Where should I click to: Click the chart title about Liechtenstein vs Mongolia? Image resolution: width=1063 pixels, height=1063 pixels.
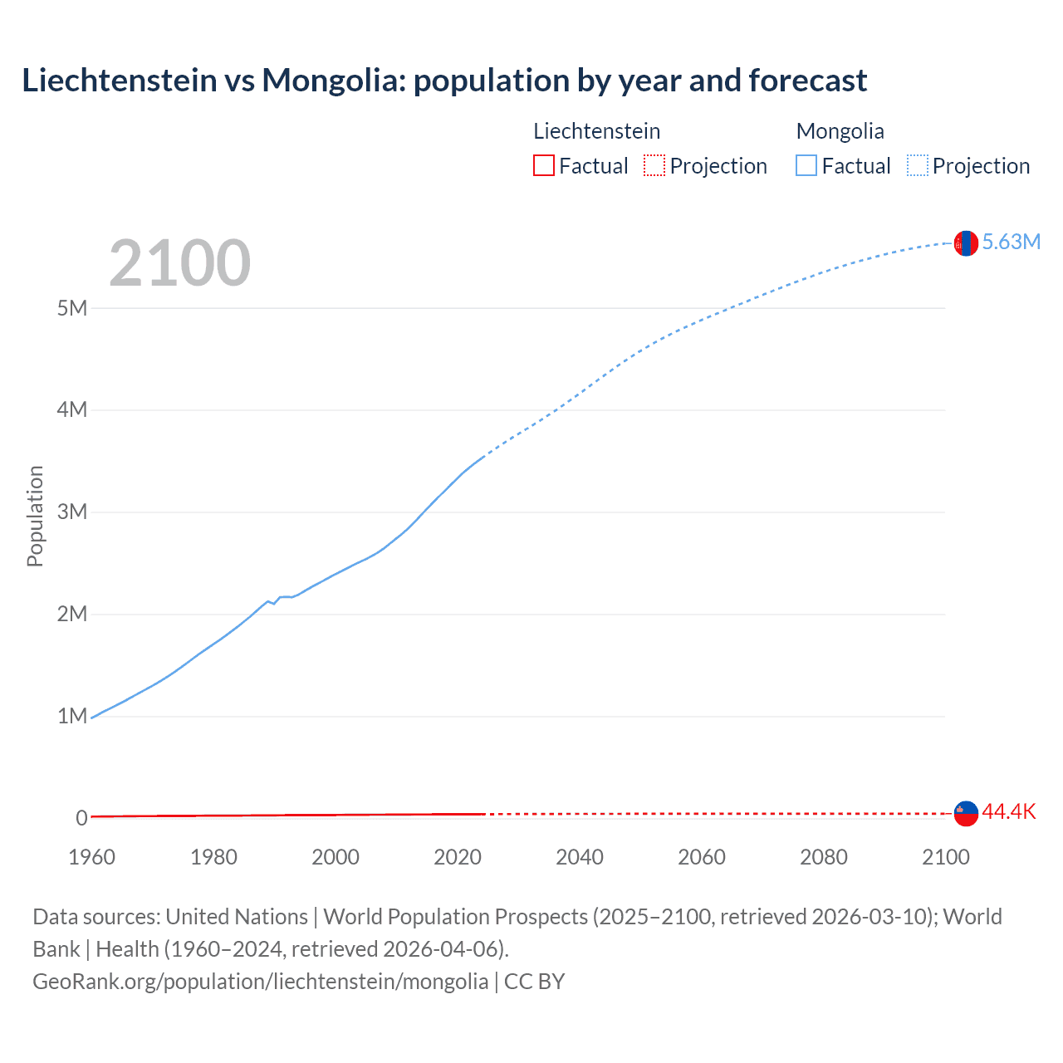pyautogui.click(x=444, y=81)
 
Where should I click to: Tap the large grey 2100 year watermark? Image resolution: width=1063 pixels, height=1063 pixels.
pyautogui.click(x=179, y=263)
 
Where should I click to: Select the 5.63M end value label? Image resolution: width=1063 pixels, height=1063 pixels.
pyautogui.click(x=1011, y=242)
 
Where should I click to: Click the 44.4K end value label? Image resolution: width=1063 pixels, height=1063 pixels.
pyautogui.click(x=1008, y=812)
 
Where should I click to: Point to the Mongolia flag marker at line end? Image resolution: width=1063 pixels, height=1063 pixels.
pyautogui.click(x=966, y=243)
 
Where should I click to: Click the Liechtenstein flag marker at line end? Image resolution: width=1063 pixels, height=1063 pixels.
pyautogui.click(x=966, y=814)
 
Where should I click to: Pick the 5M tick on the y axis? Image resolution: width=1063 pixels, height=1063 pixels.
pyautogui.click(x=72, y=308)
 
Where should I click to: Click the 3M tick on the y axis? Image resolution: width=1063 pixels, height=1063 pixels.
pyautogui.click(x=72, y=512)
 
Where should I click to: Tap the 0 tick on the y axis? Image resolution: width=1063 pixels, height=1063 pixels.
pyautogui.click(x=81, y=818)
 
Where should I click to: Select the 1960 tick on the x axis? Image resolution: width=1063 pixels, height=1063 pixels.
pyautogui.click(x=91, y=857)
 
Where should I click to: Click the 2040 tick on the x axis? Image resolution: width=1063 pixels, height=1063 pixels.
pyautogui.click(x=580, y=857)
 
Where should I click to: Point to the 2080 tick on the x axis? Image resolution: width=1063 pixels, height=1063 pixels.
pyautogui.click(x=824, y=857)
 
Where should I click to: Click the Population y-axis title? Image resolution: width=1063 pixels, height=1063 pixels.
pyautogui.click(x=35, y=516)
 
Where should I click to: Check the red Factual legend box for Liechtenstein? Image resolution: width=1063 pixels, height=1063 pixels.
pyautogui.click(x=544, y=166)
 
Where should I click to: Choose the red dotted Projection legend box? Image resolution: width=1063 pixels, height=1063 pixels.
pyautogui.click(x=654, y=166)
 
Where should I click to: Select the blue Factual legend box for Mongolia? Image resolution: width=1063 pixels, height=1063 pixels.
pyautogui.click(x=806, y=166)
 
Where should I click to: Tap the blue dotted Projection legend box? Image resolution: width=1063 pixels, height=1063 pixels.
pyautogui.click(x=917, y=166)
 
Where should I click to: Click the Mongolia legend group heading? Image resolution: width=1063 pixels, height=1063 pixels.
pyautogui.click(x=840, y=131)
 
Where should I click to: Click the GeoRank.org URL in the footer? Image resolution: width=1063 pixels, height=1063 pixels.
pyautogui.click(x=260, y=982)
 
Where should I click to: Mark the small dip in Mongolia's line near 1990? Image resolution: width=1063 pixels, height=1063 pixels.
pyautogui.click(x=274, y=603)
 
